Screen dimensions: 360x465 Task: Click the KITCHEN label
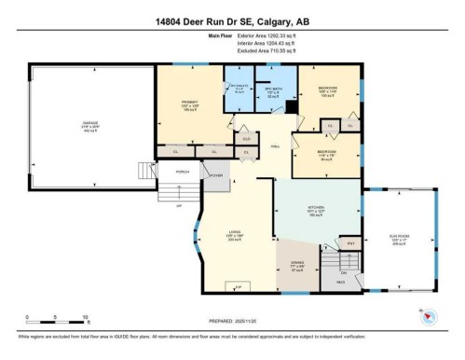click(x=315, y=211)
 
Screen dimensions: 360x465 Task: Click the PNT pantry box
click(x=352, y=242)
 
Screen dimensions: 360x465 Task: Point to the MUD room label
click(x=341, y=280)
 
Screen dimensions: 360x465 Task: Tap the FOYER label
click(x=213, y=173)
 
